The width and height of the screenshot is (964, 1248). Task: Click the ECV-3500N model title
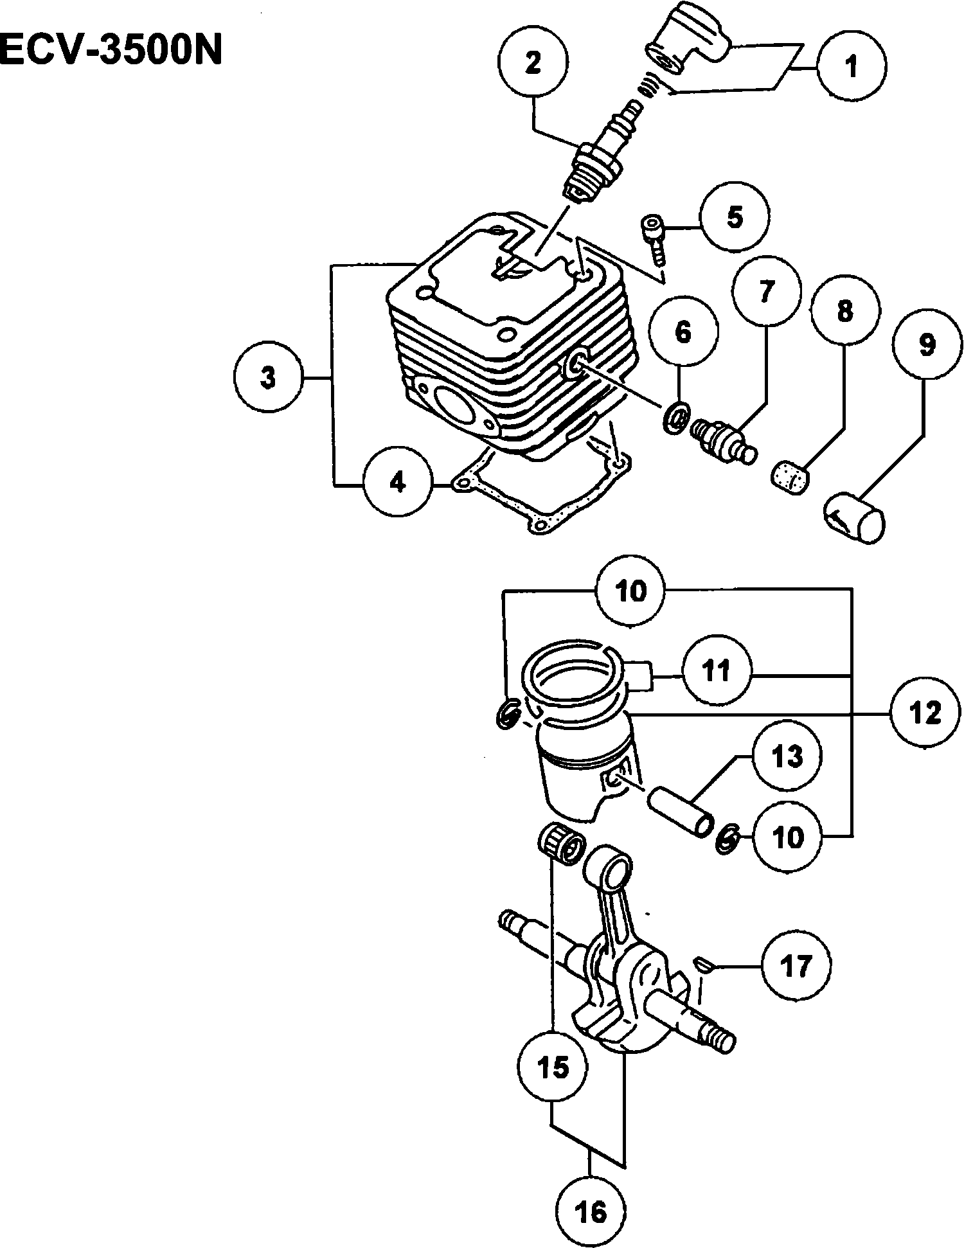click(111, 49)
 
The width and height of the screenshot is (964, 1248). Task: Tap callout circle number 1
click(852, 66)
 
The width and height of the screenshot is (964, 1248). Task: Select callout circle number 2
click(533, 64)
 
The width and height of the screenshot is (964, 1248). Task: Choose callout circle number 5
click(735, 217)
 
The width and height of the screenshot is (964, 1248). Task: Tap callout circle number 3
click(268, 379)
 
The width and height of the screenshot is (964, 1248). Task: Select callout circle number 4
click(398, 482)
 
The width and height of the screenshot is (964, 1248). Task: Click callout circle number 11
click(717, 672)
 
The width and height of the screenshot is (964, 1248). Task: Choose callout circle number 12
click(925, 713)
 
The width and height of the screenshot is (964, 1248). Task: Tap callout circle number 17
click(796, 965)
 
